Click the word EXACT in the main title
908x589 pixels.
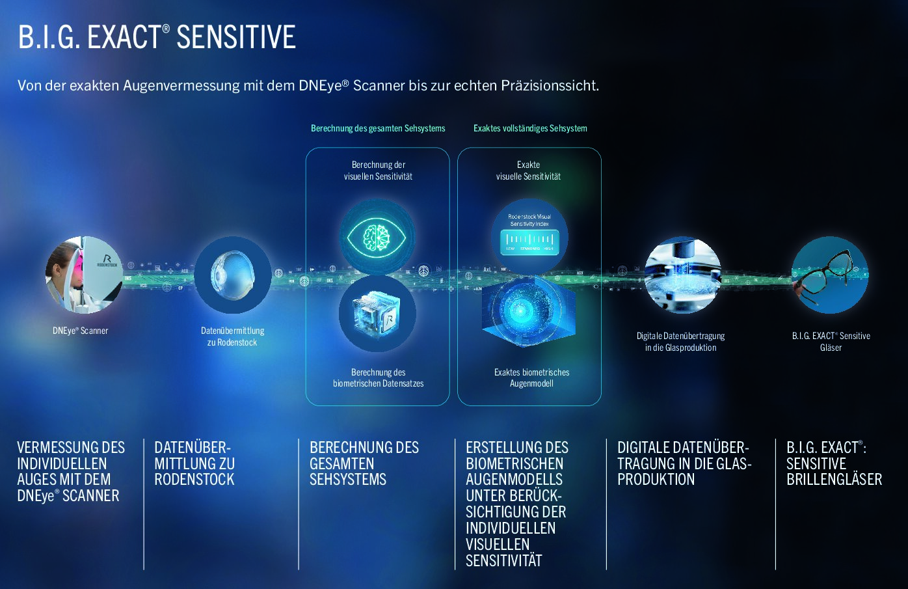click(124, 38)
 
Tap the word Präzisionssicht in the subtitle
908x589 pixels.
click(550, 85)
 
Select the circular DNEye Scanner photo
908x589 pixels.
click(84, 275)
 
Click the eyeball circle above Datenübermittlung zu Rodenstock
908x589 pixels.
click(232, 275)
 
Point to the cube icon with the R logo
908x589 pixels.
click(377, 313)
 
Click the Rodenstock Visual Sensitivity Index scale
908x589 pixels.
click(529, 241)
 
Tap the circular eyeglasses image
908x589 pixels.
click(830, 275)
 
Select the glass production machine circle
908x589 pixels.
click(683, 275)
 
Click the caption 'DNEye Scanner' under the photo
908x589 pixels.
click(81, 331)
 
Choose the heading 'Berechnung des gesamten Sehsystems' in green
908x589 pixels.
click(378, 128)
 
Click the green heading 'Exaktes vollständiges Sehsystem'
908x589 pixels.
click(530, 128)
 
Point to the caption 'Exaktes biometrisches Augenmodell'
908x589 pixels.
click(531, 377)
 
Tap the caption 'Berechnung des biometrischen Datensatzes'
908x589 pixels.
click(378, 377)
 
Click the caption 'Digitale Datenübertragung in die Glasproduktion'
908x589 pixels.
click(680, 342)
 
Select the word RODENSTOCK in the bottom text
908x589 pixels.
click(194, 480)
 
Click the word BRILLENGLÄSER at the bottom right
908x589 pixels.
click(834, 480)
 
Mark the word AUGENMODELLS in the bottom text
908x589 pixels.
click(514, 480)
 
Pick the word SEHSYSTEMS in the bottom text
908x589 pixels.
click(348, 480)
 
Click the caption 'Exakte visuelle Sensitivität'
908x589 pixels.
click(528, 171)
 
